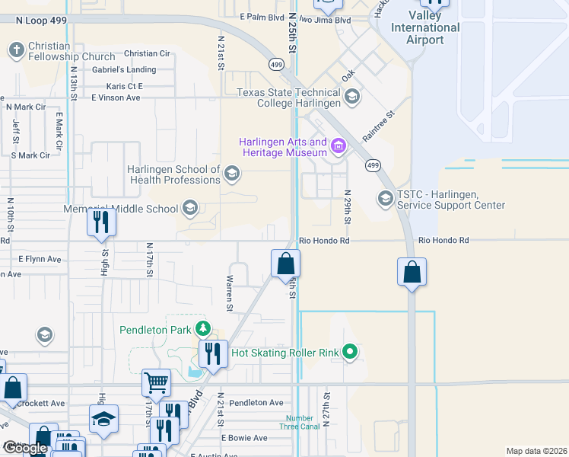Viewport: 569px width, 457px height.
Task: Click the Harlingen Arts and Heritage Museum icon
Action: [339, 145]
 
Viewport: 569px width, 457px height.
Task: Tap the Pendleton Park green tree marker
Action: [202, 329]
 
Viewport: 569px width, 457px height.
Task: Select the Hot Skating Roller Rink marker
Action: [349, 352]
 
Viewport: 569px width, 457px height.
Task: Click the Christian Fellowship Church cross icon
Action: [15, 51]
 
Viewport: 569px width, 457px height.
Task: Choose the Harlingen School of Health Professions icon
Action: [232, 175]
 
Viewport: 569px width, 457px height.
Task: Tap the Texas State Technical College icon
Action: [352, 97]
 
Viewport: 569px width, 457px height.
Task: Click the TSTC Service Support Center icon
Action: [385, 199]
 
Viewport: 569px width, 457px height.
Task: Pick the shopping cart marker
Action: [156, 382]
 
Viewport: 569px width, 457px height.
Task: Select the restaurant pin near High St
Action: [100, 222]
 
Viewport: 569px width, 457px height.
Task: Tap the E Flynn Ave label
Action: [39, 259]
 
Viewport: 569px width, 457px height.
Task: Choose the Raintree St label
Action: [380, 126]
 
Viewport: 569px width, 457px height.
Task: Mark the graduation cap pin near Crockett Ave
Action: [104, 420]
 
